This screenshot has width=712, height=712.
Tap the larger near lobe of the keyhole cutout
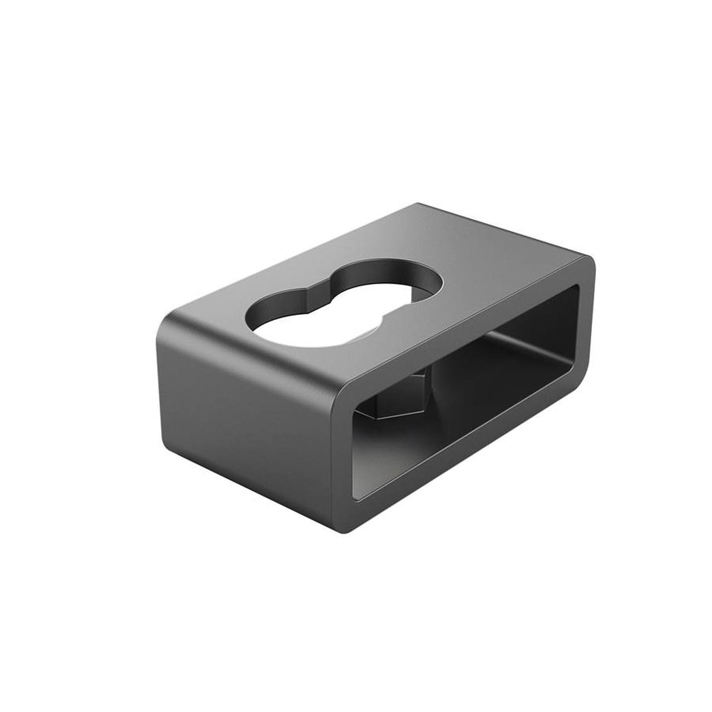[300, 323]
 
